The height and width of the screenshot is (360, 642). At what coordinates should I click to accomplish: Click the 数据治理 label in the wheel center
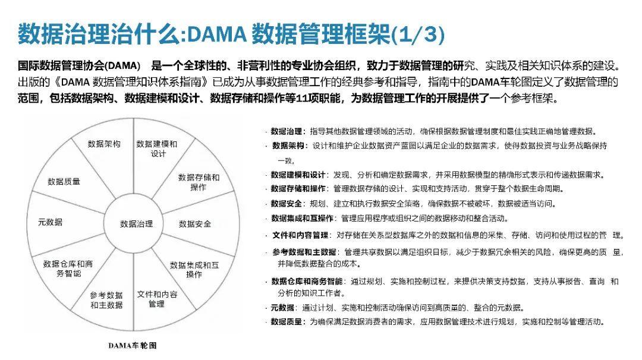pyautogui.click(x=136, y=224)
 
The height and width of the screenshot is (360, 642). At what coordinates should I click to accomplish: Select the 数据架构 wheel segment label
pyautogui.click(x=104, y=144)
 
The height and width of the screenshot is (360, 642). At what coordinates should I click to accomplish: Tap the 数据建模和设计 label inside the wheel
pyautogui.click(x=157, y=149)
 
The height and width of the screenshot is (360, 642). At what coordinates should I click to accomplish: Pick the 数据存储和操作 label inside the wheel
pyautogui.click(x=199, y=182)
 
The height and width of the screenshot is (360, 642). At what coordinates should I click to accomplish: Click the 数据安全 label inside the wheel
pyautogui.click(x=195, y=224)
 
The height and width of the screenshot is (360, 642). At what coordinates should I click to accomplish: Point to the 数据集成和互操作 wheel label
pyautogui.click(x=194, y=270)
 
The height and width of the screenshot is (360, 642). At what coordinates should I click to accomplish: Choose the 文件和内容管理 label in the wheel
pyautogui.click(x=157, y=299)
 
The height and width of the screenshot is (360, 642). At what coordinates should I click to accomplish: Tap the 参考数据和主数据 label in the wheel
pyautogui.click(x=106, y=300)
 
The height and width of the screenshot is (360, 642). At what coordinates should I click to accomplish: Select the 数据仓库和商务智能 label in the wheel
pyautogui.click(x=68, y=269)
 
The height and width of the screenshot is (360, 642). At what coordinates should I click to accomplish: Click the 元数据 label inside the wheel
pyautogui.click(x=50, y=222)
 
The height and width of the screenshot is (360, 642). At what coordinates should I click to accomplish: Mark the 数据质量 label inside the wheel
pyautogui.click(x=64, y=182)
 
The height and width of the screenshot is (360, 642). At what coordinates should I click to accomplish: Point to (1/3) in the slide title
pyautogui.click(x=418, y=34)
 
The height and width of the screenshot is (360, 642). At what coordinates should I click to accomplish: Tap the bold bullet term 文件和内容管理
pyautogui.click(x=300, y=235)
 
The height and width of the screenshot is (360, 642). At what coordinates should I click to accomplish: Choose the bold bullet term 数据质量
pyautogui.click(x=288, y=322)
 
